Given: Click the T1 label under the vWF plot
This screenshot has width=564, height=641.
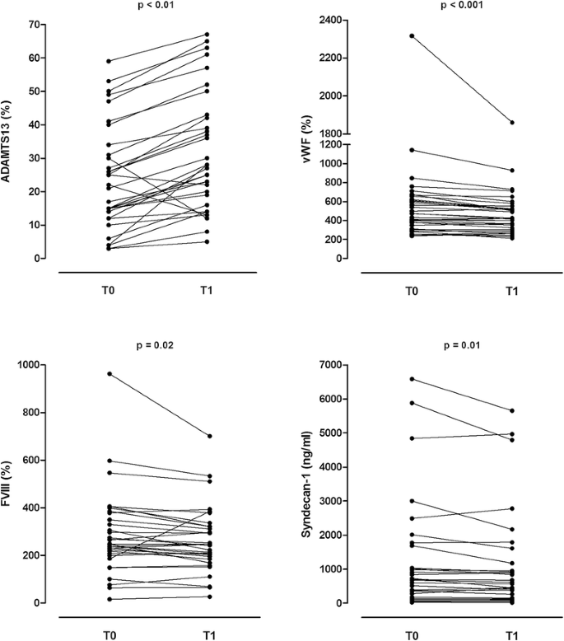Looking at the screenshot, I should point(512,290).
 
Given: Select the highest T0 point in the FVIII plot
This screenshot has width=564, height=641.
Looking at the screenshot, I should point(109,374).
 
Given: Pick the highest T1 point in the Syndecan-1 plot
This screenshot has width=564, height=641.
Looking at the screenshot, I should point(512,410).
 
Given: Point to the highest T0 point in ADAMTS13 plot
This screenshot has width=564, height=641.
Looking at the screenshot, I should point(109,61).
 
